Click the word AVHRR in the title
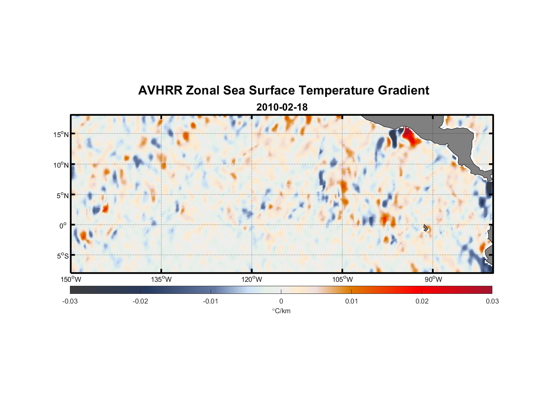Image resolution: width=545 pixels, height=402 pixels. tap(160, 90)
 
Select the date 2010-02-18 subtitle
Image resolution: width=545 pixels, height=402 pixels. tap(282, 107)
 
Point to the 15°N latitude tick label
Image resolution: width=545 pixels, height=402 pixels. tap(61, 134)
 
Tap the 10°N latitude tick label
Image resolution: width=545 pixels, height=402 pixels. tap(61, 165)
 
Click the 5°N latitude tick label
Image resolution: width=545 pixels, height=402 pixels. tap(62, 195)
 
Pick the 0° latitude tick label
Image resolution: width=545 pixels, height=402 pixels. tap(63, 226)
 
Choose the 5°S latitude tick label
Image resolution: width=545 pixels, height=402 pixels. tap(62, 256)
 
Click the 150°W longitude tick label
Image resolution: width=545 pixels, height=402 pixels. tap(71, 279)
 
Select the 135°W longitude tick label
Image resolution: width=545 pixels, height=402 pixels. tap(162, 279)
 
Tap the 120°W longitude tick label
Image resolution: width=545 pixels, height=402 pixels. tap(252, 279)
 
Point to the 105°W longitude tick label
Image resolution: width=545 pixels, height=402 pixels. tap(342, 279)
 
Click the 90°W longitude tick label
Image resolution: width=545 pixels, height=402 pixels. tap(433, 279)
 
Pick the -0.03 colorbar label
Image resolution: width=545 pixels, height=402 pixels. tap(70, 301)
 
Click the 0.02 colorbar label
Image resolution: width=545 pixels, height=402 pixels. tap(422, 301)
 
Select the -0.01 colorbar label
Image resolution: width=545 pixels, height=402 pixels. tap(211, 301)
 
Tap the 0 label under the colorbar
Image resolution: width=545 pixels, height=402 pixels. tap(281, 301)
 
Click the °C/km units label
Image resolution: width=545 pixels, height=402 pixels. tap(281, 311)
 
